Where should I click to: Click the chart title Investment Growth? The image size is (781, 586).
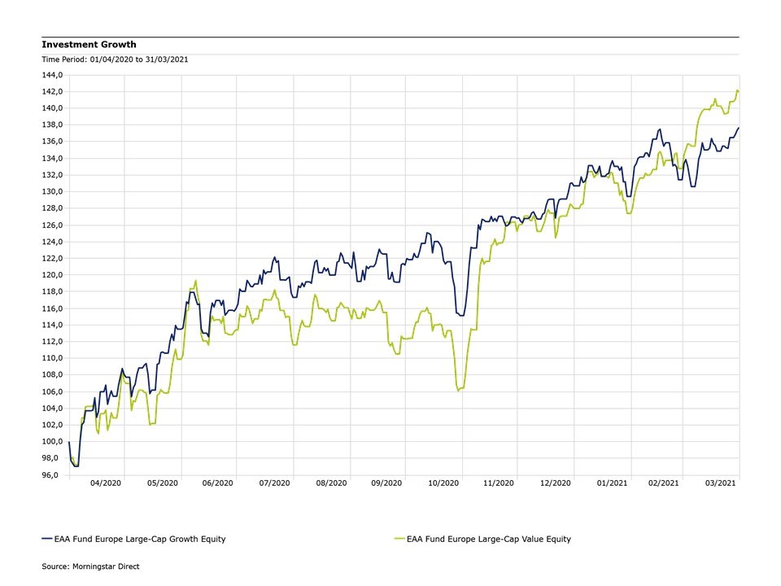click(x=89, y=45)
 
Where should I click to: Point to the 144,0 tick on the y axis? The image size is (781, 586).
click(x=54, y=75)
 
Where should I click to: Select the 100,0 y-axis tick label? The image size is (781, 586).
click(x=54, y=442)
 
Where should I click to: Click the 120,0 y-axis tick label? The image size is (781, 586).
click(x=54, y=275)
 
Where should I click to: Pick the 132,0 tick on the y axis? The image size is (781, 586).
click(x=54, y=175)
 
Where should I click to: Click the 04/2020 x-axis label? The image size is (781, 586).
click(x=107, y=483)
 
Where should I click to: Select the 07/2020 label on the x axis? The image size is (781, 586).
click(x=274, y=483)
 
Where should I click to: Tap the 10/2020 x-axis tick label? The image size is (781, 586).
click(x=442, y=483)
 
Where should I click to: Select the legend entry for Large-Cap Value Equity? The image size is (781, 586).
click(x=488, y=539)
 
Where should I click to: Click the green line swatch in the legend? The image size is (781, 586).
click(x=398, y=539)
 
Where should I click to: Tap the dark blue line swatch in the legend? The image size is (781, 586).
click(x=46, y=539)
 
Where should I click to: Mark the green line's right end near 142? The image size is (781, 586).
click(x=738, y=90)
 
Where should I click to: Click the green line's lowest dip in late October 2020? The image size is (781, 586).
click(x=459, y=391)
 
